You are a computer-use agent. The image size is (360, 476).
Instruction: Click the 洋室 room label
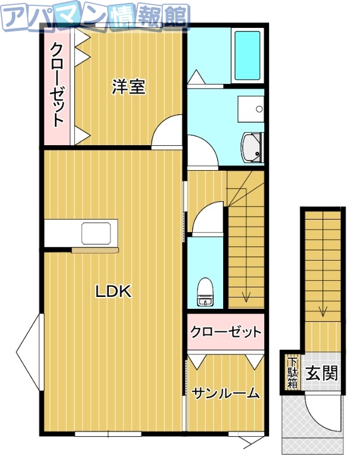coord(129,87)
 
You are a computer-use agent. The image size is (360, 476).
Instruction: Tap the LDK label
coord(113,292)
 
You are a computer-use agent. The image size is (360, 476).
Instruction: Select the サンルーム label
coord(226,393)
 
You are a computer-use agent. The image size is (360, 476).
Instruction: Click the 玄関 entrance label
coord(321,373)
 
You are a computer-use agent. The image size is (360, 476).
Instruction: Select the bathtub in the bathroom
coord(248,55)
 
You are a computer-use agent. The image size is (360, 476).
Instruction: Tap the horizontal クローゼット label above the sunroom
coord(226,331)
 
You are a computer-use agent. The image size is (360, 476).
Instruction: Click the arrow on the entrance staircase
coord(323,309)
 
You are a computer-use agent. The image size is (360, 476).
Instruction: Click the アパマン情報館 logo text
coord(95,16)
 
